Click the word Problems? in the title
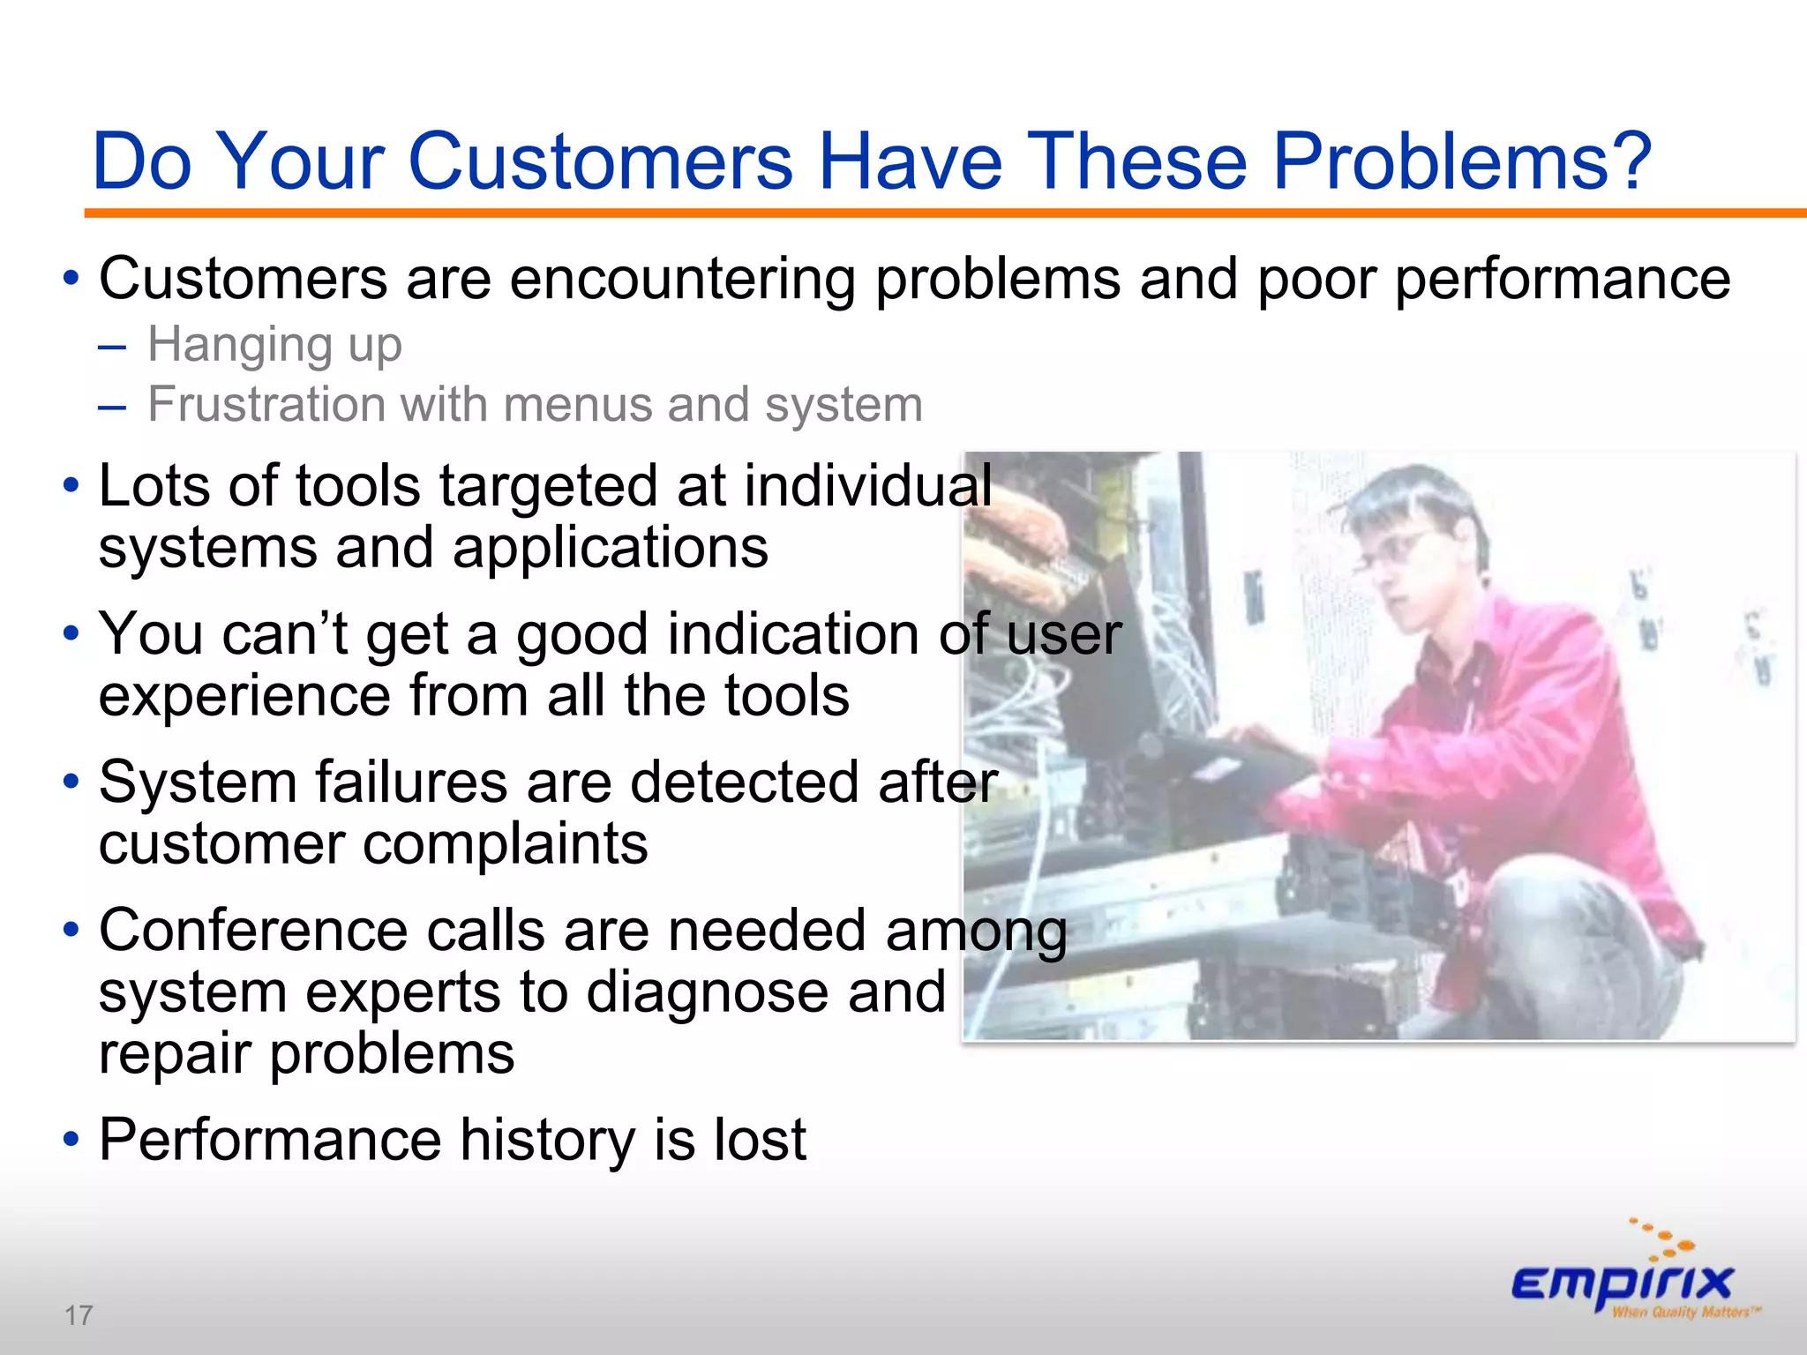(1461, 162)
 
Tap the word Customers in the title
(600, 162)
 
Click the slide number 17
(79, 1315)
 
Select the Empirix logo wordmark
(1622, 1283)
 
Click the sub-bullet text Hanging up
(274, 345)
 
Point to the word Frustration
(266, 405)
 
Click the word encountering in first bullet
(682, 280)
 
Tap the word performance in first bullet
(1562, 280)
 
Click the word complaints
(506, 844)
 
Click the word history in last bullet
(547, 1140)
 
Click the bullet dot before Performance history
(71, 1140)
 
